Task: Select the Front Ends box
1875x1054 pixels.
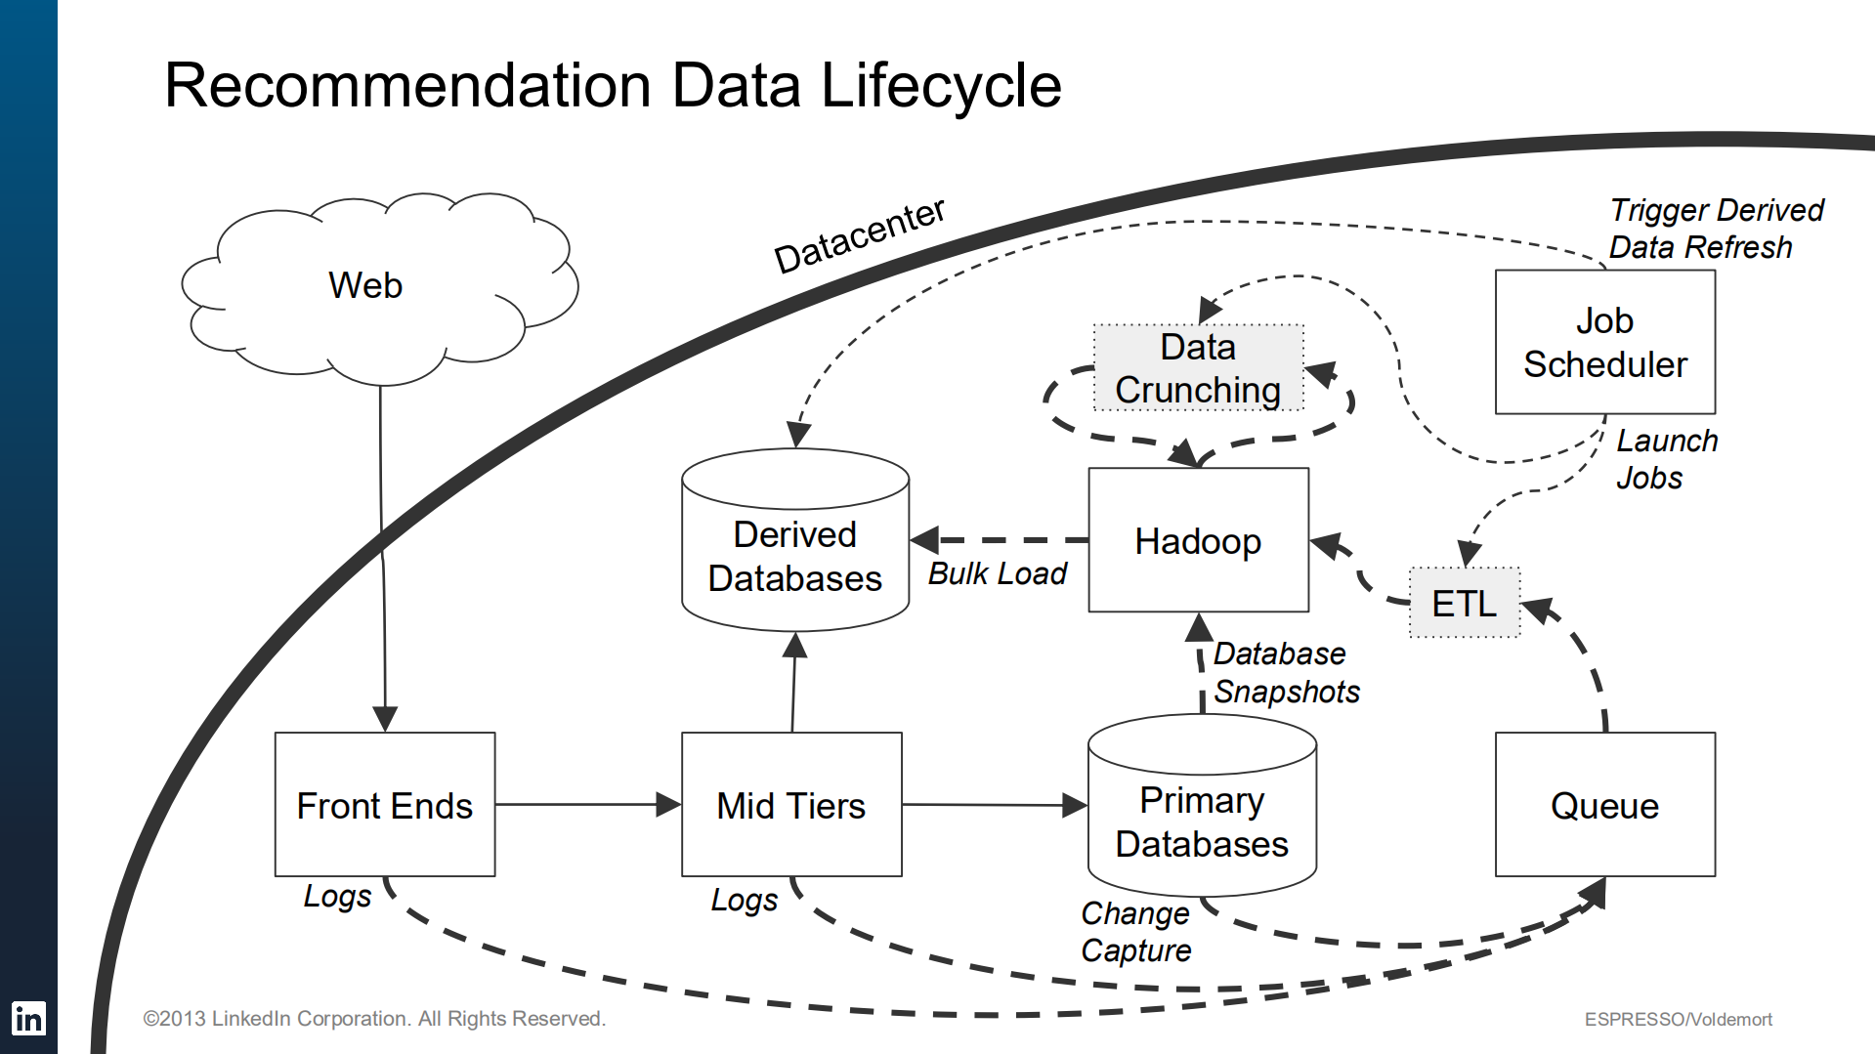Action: pos(385,805)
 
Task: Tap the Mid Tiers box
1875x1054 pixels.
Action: pos(791,805)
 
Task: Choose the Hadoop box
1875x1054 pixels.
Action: pos(1198,540)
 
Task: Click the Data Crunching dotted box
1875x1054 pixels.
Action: pos(1198,368)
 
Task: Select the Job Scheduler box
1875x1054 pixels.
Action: pos(1604,342)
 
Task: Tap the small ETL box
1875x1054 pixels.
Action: pos(1464,603)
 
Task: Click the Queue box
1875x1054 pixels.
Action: pos(1604,805)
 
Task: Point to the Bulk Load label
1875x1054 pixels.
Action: pos(997,573)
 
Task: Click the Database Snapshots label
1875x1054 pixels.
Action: pos(1286,672)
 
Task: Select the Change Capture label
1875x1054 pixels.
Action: pos(1135,931)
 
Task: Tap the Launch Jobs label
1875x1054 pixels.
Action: pos(1665,459)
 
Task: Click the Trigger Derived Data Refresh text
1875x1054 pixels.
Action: pos(1715,229)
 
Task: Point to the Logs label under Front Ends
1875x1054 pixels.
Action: pos(337,896)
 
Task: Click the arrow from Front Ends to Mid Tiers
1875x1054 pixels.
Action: pos(586,804)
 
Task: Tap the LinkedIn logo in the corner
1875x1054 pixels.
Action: pos(28,1019)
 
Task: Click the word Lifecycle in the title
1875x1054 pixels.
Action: pos(940,86)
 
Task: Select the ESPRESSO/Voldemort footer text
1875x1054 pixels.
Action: pos(1678,1019)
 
